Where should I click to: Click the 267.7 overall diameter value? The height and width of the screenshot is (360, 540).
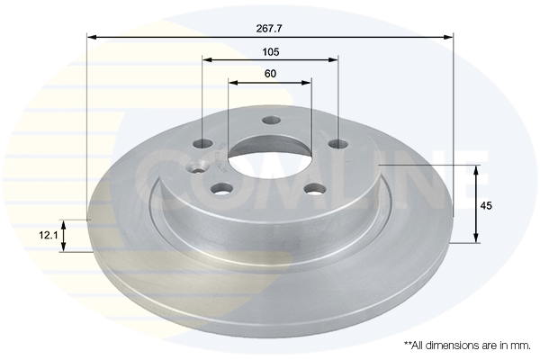(x=270, y=28)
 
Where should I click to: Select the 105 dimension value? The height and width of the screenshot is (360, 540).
(x=270, y=51)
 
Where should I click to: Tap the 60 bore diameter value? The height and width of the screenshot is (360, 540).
(x=270, y=73)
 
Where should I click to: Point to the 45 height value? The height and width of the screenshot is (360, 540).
(x=487, y=206)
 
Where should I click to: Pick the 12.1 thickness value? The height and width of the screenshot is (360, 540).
(x=48, y=235)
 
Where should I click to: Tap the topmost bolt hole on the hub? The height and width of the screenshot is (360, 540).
(x=271, y=121)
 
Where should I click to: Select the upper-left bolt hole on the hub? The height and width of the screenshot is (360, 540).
(x=204, y=144)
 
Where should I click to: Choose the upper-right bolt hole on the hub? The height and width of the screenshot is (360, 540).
(x=337, y=144)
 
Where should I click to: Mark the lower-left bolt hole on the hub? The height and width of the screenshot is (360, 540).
(x=221, y=188)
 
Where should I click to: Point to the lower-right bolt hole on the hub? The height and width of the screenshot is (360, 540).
(x=314, y=188)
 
